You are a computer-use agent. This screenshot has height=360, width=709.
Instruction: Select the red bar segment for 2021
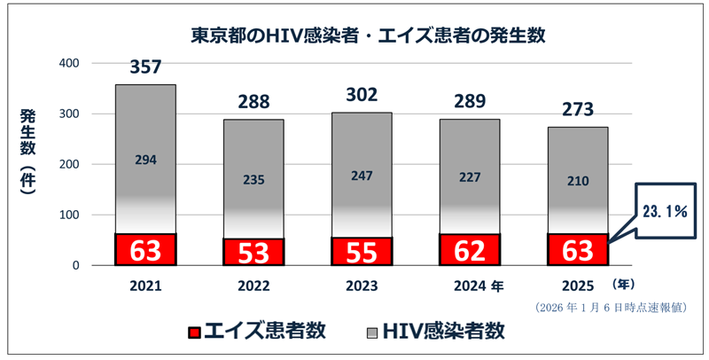click(x=145, y=249)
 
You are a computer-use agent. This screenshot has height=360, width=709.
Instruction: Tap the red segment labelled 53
click(x=253, y=252)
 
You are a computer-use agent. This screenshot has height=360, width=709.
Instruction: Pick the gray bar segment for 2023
click(x=362, y=177)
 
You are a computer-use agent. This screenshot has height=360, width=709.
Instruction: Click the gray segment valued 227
click(x=470, y=177)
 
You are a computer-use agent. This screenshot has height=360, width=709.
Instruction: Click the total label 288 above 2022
click(x=253, y=101)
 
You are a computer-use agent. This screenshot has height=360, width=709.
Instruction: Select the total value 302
click(x=362, y=95)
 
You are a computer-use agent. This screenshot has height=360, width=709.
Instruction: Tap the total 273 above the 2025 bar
click(x=577, y=108)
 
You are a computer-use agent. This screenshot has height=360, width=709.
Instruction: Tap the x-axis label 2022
click(x=253, y=288)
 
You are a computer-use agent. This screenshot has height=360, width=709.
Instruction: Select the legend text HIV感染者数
click(x=454, y=332)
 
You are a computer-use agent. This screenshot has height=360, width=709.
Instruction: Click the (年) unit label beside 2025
click(x=625, y=285)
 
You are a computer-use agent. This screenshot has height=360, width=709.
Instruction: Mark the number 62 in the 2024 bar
click(x=470, y=250)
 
